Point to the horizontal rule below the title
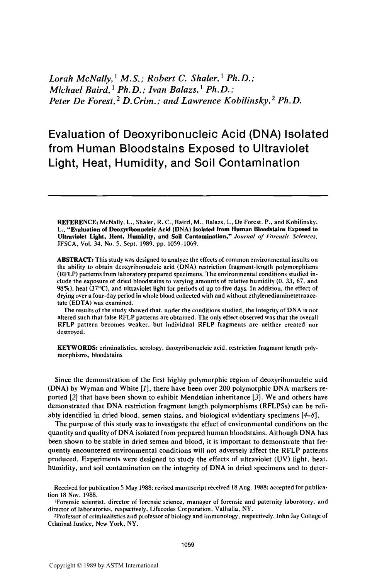coord(188,196)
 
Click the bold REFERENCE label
coord(78,222)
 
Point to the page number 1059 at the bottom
coord(187,545)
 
